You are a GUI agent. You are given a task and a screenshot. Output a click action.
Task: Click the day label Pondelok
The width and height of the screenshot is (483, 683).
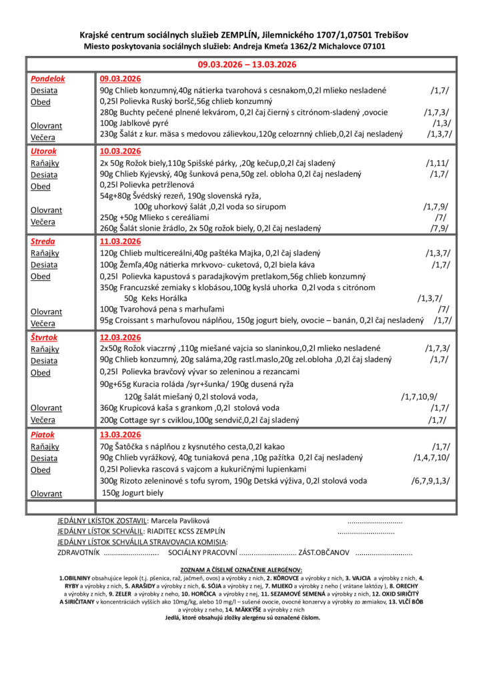(x=46, y=79)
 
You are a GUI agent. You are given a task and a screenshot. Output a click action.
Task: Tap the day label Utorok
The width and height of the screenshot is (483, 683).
(x=43, y=151)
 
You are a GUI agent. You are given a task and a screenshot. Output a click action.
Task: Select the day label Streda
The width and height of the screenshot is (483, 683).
(x=43, y=241)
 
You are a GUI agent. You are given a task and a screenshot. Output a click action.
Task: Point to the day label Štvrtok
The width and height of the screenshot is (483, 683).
(x=45, y=337)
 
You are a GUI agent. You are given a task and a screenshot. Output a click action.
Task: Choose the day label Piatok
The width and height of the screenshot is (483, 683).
(x=43, y=435)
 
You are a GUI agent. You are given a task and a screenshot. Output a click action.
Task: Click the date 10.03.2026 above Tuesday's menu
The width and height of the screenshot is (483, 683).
(x=120, y=151)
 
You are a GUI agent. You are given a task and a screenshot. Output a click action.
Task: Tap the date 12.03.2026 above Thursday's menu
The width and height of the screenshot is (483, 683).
(x=120, y=337)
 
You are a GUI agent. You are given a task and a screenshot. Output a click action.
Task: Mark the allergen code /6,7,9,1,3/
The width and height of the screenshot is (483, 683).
(x=430, y=481)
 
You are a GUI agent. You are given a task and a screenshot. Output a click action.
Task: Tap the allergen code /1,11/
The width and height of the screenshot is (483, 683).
(x=437, y=163)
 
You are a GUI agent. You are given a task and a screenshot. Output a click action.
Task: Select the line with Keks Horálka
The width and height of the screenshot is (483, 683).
(x=155, y=298)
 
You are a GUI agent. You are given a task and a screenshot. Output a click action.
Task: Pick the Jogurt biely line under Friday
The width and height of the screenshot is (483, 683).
(x=133, y=493)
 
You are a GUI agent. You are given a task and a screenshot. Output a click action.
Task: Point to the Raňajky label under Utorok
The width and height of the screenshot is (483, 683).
(x=45, y=163)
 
